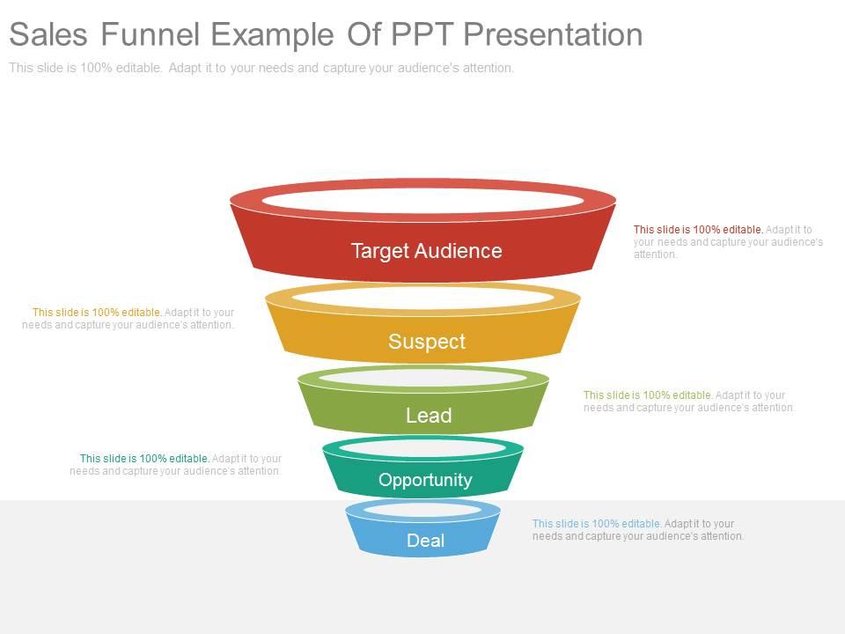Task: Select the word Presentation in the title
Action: coord(553,34)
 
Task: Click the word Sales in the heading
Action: coord(49,34)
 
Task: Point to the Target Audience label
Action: coord(426,251)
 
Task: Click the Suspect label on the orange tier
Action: coord(427,342)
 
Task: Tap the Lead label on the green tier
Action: coord(429,416)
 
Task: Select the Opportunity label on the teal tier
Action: coord(425,480)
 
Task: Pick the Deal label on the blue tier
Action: coord(425,541)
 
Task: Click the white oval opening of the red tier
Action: coord(422,200)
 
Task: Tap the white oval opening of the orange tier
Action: coord(422,299)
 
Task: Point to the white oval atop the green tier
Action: coord(423,378)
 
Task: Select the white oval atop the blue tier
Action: coord(422,510)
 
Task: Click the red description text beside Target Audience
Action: coord(728,242)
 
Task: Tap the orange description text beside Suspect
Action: coord(129,318)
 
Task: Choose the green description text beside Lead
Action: coord(688,402)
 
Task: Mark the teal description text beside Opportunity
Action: coord(176,464)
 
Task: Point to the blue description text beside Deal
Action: coord(637,529)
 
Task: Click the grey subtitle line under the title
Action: coord(261,68)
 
